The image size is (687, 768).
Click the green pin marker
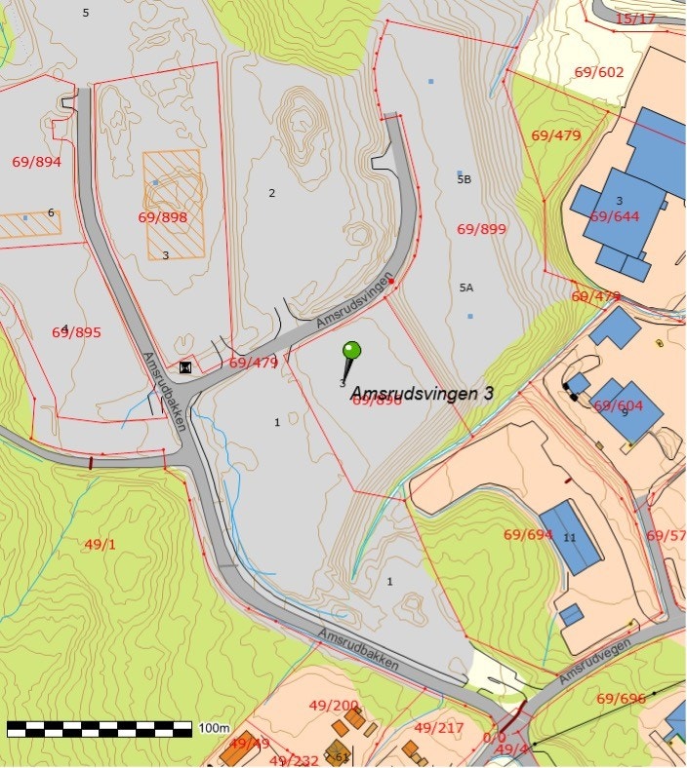tap(351, 351)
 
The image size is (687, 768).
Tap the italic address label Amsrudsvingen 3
tap(422, 393)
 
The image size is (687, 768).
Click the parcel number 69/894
tap(36, 162)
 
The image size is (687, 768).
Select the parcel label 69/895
tap(76, 332)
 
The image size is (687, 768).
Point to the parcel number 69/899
tap(481, 229)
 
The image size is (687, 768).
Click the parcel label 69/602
tap(598, 72)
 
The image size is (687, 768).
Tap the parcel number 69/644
tap(614, 216)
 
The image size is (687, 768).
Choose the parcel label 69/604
tap(619, 405)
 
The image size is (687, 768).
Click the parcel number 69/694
tap(528, 534)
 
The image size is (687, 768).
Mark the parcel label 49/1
tap(100, 544)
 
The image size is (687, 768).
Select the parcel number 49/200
tap(334, 705)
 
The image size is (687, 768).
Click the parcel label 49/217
tap(438, 727)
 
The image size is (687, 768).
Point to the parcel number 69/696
tap(621, 698)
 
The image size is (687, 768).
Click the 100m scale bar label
tap(214, 728)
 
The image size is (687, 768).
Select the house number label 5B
tap(464, 179)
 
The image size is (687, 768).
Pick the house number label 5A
tap(465, 288)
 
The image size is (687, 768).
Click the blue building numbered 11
tap(570, 537)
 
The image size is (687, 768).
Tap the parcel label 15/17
tap(635, 19)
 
